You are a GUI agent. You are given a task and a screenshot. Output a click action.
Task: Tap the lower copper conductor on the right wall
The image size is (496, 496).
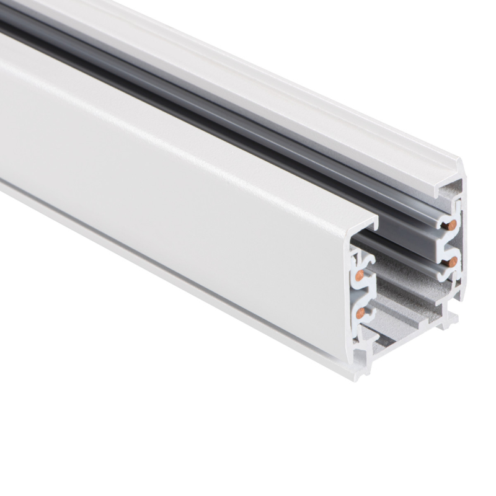(x=453, y=261)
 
